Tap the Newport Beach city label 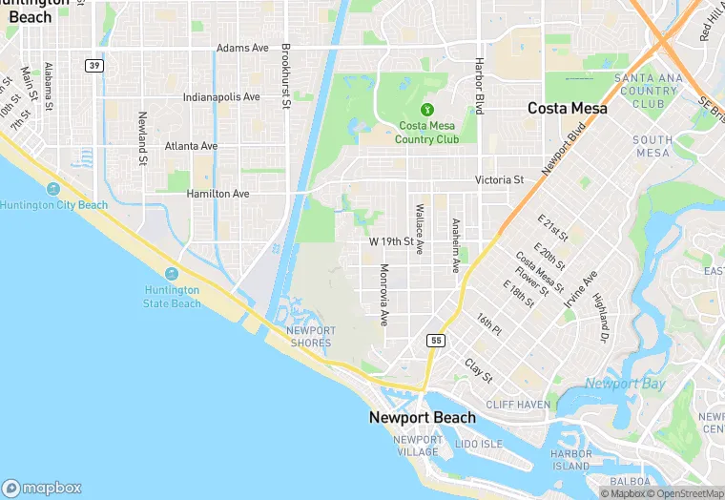pos(423,418)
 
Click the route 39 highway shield pos(93,65)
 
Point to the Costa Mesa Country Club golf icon pos(428,110)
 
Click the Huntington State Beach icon pos(173,274)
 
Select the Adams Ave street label pos(242,48)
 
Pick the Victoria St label pos(500,179)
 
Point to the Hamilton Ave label pos(217,194)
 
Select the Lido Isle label pos(479,445)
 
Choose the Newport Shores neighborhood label pos(311,337)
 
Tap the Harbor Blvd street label pos(481,86)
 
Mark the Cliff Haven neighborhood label pos(517,405)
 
